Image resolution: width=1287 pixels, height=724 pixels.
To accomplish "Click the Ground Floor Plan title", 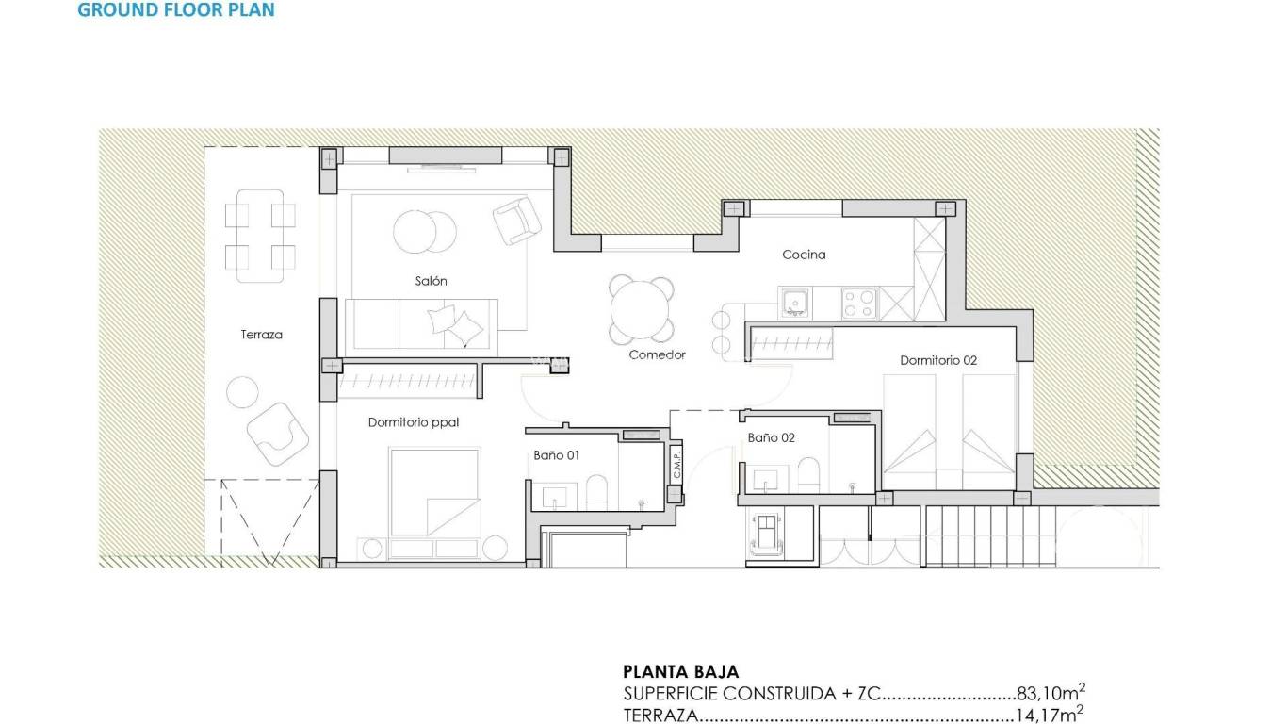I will (176, 11).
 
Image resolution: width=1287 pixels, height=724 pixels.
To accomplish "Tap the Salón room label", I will (431, 281).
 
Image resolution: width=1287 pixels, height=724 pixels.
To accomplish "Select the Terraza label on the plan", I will (261, 334).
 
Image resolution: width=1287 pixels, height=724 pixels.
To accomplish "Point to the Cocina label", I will (804, 255).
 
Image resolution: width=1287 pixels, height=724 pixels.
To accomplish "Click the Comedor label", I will (657, 355).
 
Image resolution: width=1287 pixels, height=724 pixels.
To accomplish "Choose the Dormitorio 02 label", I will (938, 360).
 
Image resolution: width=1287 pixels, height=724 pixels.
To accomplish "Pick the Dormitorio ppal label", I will (413, 422).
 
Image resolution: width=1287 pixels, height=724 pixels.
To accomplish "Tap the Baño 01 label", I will (556, 454).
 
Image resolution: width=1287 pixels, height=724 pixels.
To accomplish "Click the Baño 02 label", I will (772, 437).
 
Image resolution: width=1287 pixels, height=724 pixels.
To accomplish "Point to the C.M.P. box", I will (676, 462).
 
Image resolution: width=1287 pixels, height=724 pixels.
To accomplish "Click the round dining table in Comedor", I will (642, 309).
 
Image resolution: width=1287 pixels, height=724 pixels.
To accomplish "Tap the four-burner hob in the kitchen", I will (858, 303).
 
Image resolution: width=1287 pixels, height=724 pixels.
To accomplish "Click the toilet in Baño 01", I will (596, 491).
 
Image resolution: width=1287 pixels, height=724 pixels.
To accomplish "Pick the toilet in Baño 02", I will (808, 473).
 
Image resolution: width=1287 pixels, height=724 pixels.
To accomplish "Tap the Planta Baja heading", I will (681, 672).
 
